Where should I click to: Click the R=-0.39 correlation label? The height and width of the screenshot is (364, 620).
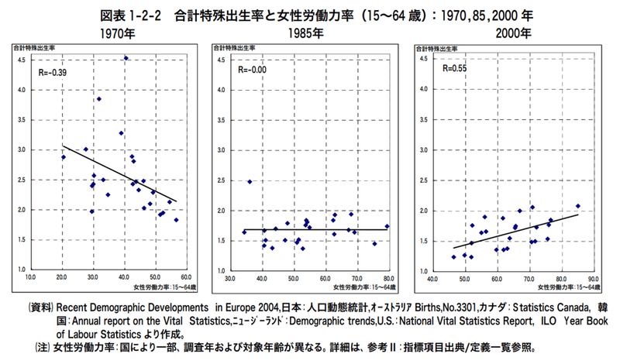click(x=53, y=73)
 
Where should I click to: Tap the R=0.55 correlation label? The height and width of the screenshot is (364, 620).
click(x=455, y=68)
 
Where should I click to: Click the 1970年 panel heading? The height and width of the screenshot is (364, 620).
click(x=118, y=34)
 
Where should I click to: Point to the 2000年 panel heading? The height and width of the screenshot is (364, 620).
click(x=514, y=34)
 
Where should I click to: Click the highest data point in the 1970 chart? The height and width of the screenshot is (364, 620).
click(x=126, y=58)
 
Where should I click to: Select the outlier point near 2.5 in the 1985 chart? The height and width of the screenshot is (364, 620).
click(x=250, y=182)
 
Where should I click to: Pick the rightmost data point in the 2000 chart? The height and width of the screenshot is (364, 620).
click(x=578, y=206)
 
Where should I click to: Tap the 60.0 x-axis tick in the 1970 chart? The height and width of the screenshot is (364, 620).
click(x=185, y=276)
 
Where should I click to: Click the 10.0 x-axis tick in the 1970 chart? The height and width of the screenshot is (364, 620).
click(x=31, y=276)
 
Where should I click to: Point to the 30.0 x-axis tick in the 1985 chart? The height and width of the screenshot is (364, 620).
click(x=230, y=277)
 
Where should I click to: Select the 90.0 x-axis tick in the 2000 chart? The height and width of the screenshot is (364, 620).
click(x=594, y=277)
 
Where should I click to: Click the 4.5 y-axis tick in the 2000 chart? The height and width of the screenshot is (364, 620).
click(x=424, y=60)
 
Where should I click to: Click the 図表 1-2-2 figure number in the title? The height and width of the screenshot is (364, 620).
click(x=126, y=15)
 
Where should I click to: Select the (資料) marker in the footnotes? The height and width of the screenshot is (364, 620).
click(x=41, y=306)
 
